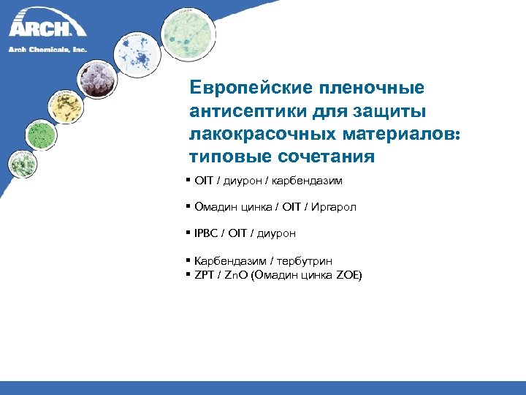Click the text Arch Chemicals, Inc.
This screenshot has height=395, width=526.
tap(47, 49)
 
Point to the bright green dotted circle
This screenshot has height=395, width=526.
tap(40, 135)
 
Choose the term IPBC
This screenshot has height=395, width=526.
tap(206, 233)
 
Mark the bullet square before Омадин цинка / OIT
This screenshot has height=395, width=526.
tap(188, 206)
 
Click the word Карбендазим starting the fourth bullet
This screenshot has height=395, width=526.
tap(224, 260)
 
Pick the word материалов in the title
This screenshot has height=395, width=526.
tap(386, 134)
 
